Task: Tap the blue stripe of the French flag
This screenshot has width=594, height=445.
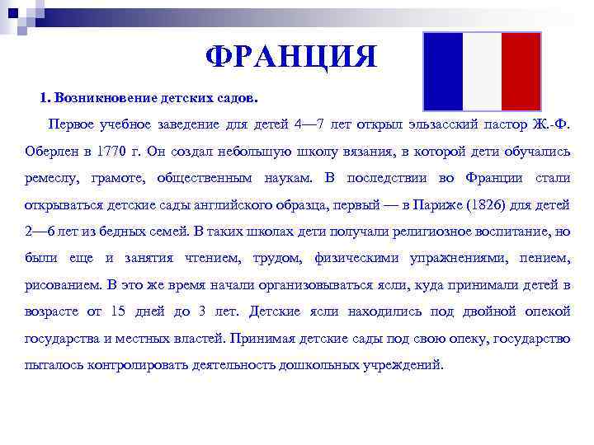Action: coord(443,71)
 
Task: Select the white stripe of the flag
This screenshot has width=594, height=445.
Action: coord(482,71)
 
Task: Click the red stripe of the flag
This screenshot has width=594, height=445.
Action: coord(521,71)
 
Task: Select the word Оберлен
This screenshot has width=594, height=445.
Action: coord(53,150)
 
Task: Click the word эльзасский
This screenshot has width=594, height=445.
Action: coord(447,124)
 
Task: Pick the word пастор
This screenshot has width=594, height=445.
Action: coord(515,124)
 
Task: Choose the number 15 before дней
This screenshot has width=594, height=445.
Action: coord(118,311)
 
